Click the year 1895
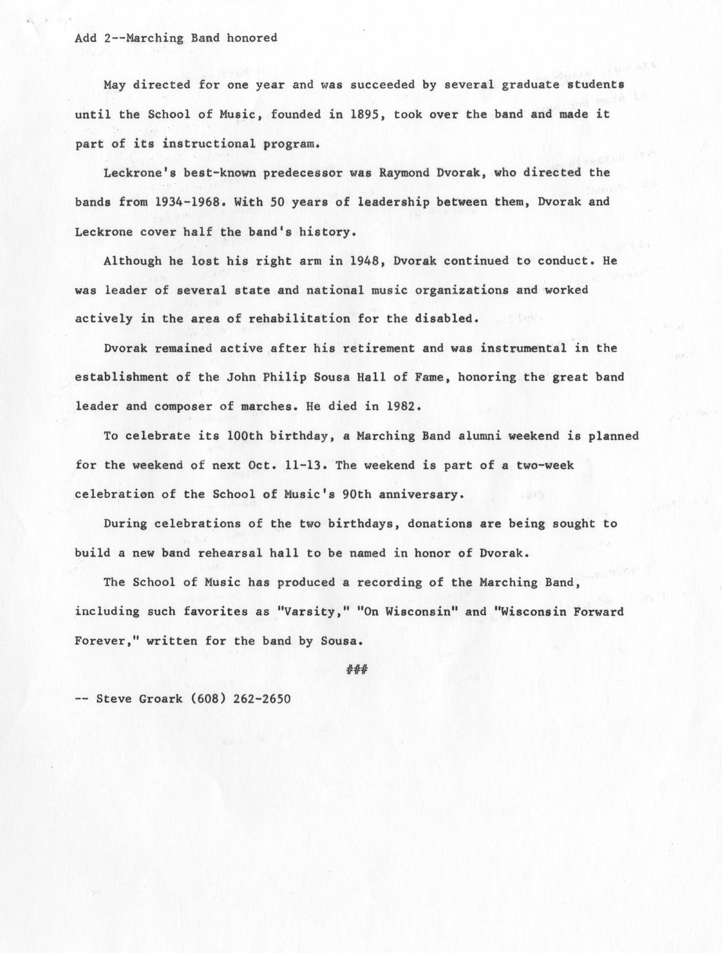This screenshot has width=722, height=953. click(x=369, y=114)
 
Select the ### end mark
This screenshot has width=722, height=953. click(x=356, y=668)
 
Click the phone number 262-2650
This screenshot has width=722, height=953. click(x=262, y=698)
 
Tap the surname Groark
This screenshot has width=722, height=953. click(x=159, y=698)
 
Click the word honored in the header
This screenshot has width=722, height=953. click(x=252, y=38)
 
